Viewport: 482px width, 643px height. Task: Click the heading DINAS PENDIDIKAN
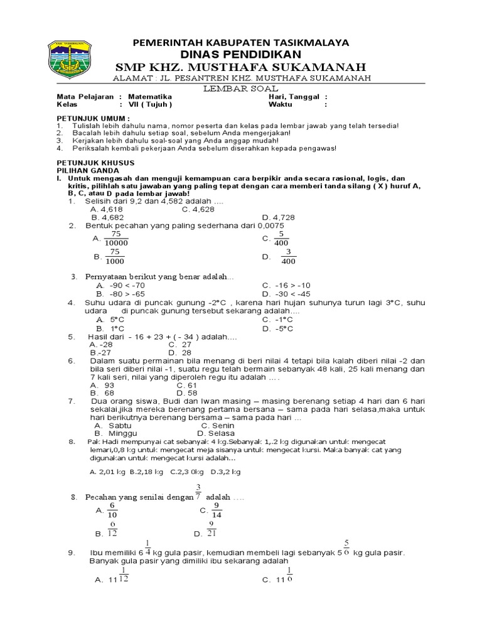240,55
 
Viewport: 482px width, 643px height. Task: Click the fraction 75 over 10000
115,239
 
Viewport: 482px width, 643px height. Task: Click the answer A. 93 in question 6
103,385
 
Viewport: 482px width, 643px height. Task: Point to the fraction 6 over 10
112,511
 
